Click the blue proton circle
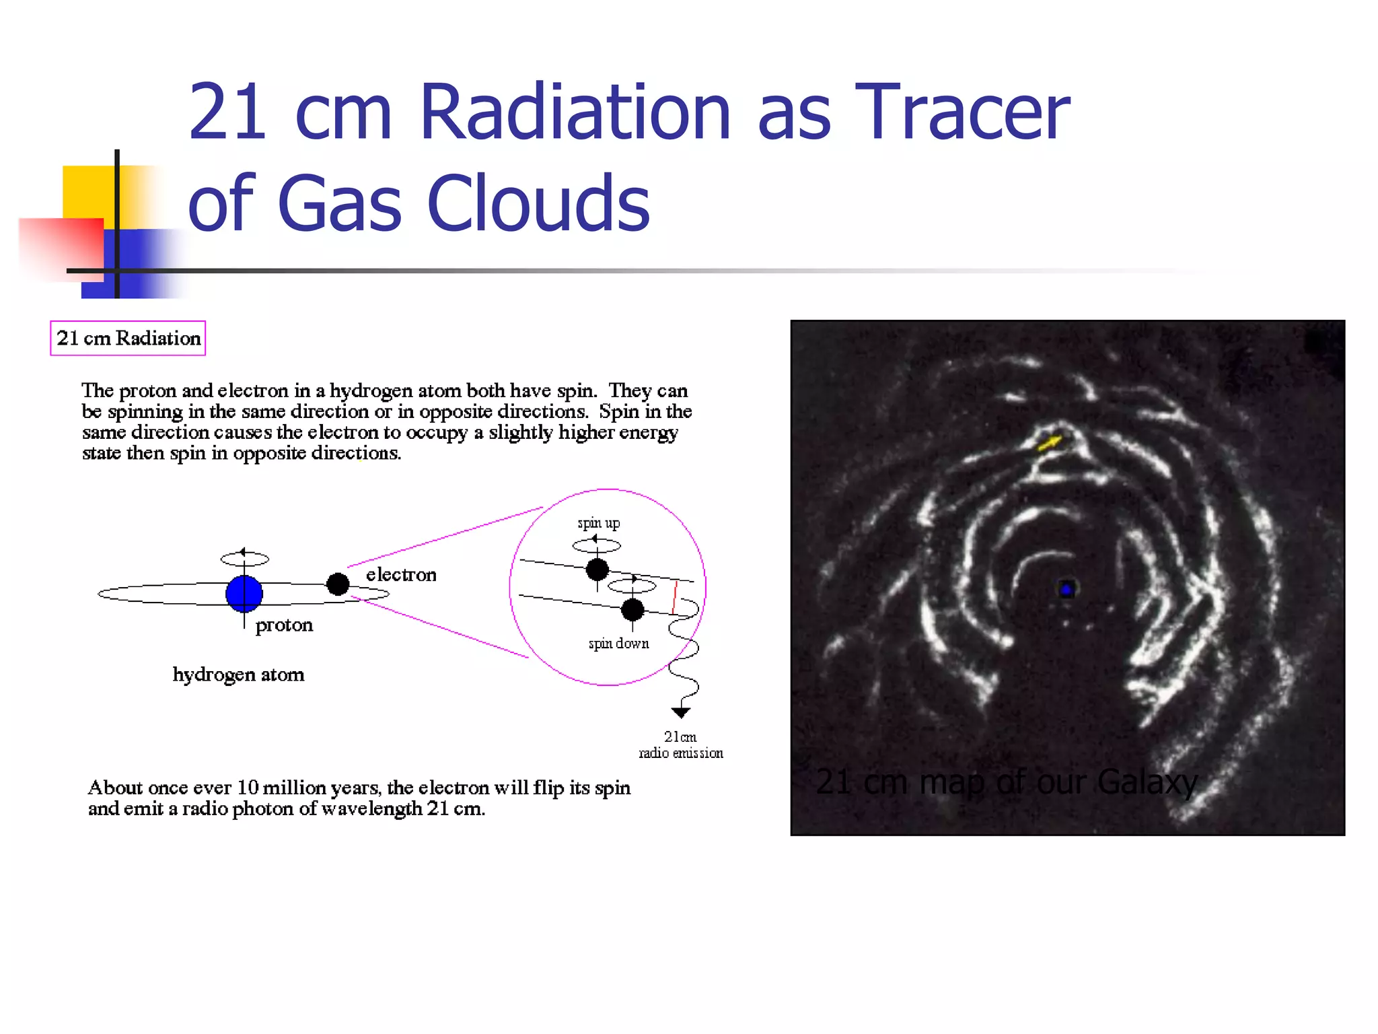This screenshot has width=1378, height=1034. [x=244, y=593]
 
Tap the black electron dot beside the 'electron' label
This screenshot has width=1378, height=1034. [x=338, y=584]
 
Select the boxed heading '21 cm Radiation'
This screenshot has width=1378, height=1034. [x=128, y=338]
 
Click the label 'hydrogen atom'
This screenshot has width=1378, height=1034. [x=238, y=675]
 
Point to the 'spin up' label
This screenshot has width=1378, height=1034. [x=598, y=523]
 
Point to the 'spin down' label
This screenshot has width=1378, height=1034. [x=618, y=644]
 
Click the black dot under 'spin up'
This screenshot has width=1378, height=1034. [x=597, y=570]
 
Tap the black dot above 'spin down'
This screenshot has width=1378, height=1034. [x=632, y=610]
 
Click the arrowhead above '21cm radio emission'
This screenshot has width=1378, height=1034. [x=681, y=712]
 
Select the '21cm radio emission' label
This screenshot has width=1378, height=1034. [x=681, y=745]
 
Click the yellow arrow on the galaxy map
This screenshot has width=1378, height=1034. [x=1050, y=442]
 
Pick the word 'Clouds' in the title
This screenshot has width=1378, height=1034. [x=538, y=203]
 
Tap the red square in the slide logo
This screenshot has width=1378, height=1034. [x=61, y=248]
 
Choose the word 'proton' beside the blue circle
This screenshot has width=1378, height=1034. [x=284, y=625]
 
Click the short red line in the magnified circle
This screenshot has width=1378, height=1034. [x=675, y=597]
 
